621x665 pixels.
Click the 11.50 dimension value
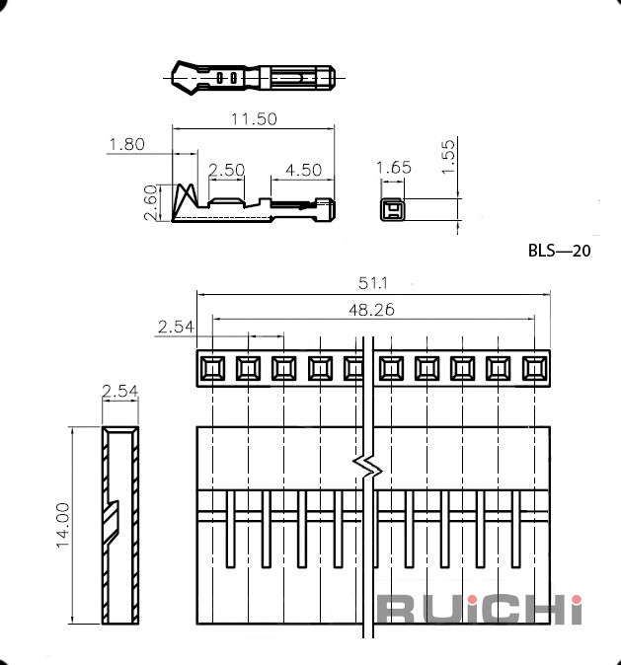(x=254, y=118)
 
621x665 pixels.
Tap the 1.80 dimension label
(x=127, y=144)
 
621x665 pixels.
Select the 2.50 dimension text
(x=227, y=170)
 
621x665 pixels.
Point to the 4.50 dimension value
(x=303, y=170)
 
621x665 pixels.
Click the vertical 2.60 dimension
(x=151, y=202)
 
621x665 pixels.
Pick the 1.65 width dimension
(x=394, y=168)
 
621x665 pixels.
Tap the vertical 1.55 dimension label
(x=448, y=157)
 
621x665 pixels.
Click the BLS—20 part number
(x=559, y=251)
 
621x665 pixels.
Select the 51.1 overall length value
(x=373, y=283)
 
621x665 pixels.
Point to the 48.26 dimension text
(x=371, y=310)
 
